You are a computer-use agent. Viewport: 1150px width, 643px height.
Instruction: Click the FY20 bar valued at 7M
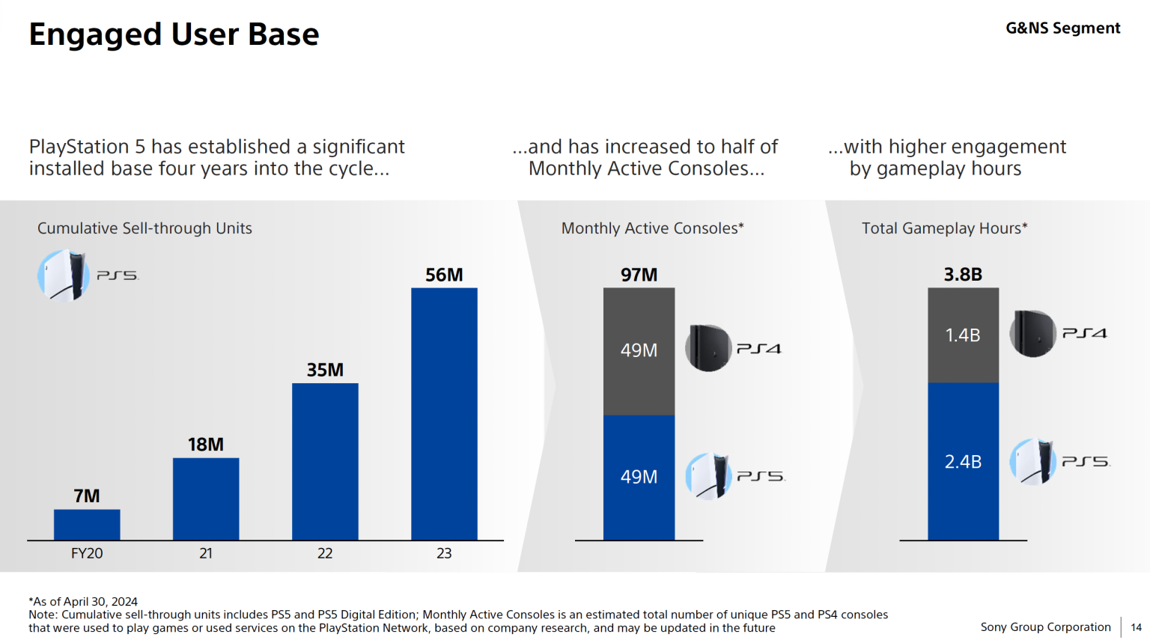[x=87, y=525]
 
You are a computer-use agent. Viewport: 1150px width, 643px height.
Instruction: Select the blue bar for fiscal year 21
[x=206, y=499]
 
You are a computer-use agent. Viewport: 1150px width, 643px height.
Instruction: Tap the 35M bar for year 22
[x=325, y=461]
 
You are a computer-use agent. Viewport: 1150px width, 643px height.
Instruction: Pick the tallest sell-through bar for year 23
[x=444, y=414]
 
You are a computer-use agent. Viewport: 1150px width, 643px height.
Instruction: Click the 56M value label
[x=444, y=275]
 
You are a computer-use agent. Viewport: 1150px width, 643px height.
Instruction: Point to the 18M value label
[x=206, y=445]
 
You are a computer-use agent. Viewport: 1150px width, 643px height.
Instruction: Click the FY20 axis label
[x=87, y=553]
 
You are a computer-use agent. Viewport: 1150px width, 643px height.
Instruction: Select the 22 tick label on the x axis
[x=325, y=553]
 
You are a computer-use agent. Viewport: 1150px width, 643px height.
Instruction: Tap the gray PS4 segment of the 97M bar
[x=639, y=351]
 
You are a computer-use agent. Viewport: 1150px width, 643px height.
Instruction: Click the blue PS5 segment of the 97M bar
[x=639, y=478]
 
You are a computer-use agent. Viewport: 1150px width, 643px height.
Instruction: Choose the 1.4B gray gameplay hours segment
[x=963, y=335]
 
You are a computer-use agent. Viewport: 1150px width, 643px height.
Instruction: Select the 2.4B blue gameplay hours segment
[x=963, y=462]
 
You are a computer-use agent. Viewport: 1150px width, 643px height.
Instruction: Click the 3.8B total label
[x=963, y=275]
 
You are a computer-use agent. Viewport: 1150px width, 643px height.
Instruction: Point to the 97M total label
[x=639, y=275]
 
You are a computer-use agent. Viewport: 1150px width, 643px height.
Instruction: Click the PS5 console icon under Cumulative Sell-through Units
[x=64, y=275]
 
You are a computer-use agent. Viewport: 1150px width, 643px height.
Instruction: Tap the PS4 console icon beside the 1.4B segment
[x=1033, y=333]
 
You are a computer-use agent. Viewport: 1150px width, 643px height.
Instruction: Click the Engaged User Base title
[x=174, y=34]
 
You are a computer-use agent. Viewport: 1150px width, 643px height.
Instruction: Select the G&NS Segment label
[x=1062, y=28]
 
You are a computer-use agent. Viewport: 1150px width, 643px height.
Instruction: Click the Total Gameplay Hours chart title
[x=944, y=228]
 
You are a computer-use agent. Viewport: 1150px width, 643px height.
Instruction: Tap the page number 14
[x=1136, y=627]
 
